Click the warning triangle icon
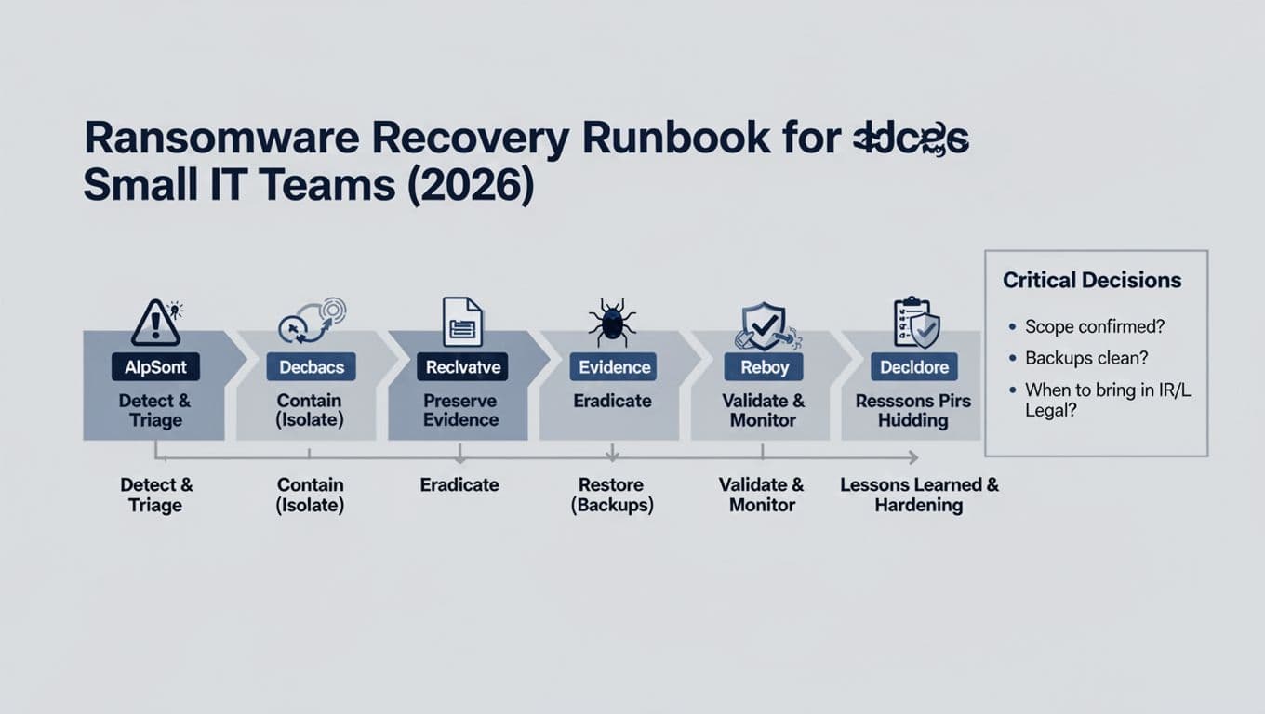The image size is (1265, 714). point(155,323)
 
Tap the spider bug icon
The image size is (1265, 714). point(612,323)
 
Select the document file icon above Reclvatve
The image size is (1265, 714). point(462,322)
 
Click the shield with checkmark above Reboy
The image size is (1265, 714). point(762,324)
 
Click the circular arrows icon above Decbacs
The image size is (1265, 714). point(312,323)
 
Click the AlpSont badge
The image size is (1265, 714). point(155,367)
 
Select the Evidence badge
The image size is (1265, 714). point(614,367)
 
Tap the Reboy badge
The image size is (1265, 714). point(765,367)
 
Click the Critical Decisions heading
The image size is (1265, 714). point(1092,280)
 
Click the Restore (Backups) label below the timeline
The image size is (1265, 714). point(613,495)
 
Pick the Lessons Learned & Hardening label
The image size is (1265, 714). point(918,495)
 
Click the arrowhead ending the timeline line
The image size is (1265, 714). point(913,457)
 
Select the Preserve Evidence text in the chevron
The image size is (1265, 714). point(460,410)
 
